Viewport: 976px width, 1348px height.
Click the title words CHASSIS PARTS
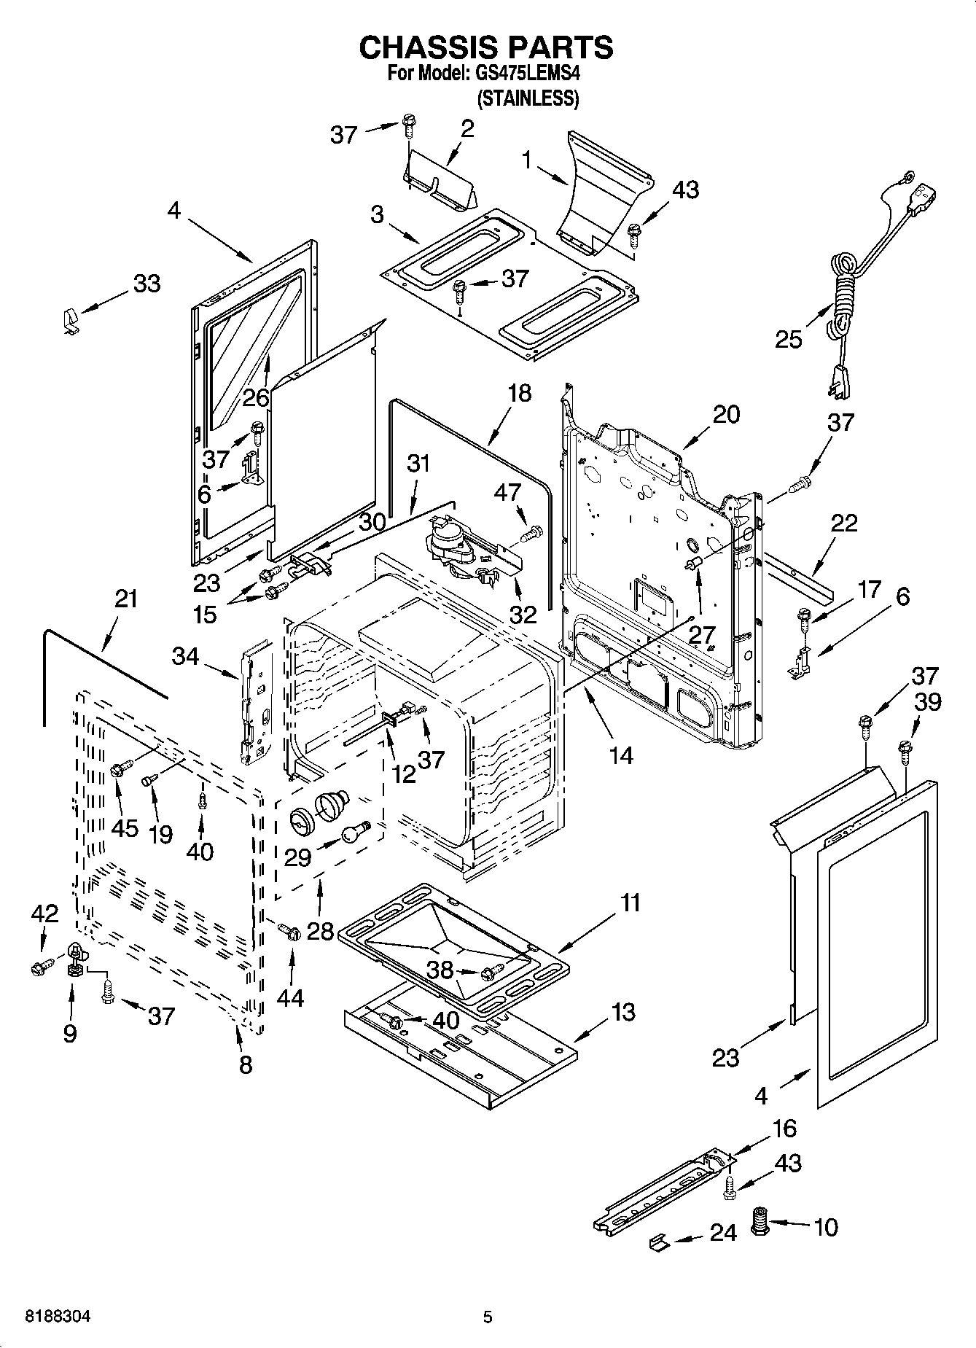coord(486,47)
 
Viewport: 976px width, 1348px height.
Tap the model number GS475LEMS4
coord(527,74)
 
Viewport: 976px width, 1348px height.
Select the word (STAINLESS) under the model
coord(528,98)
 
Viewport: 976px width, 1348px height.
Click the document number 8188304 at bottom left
coord(58,1317)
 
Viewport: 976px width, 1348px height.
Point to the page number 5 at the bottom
coord(488,1317)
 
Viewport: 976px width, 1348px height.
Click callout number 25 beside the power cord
coord(789,339)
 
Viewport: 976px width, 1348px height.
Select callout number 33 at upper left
coord(147,283)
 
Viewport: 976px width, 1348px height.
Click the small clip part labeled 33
coord(69,320)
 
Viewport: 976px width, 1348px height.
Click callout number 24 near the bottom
coord(723,1232)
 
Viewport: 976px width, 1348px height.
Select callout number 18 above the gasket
coord(519,393)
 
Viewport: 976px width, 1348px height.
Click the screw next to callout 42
coord(40,967)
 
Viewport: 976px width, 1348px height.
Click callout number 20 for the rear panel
coord(726,414)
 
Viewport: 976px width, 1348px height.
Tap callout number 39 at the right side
coord(928,701)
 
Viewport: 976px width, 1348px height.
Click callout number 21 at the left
coord(125,599)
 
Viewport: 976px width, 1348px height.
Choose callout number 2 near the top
coord(467,128)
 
